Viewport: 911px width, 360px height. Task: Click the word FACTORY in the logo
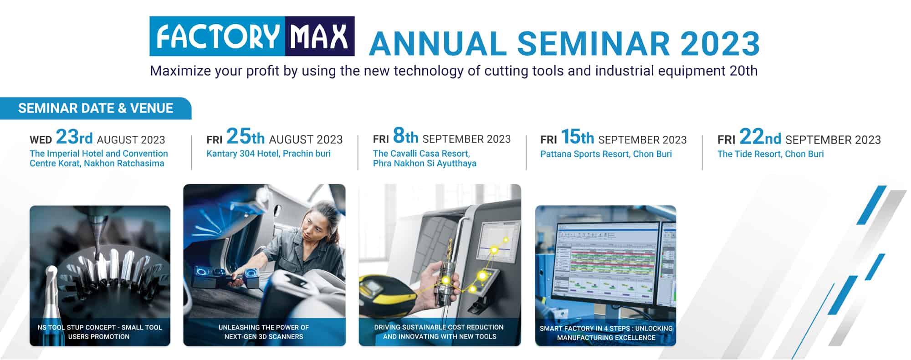(x=218, y=36)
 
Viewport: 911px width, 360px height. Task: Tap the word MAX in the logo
(x=319, y=36)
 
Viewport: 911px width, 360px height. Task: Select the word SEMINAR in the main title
(x=593, y=44)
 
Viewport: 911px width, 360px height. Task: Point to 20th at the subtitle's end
(x=743, y=71)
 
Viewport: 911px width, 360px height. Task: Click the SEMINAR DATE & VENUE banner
(x=96, y=108)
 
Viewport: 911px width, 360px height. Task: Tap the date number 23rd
(x=74, y=137)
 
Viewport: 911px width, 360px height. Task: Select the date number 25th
(x=246, y=136)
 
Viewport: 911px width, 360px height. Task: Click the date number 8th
(x=405, y=136)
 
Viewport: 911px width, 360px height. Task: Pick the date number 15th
(x=577, y=137)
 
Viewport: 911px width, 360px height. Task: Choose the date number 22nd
(x=760, y=137)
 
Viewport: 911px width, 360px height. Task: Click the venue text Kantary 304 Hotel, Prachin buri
(x=269, y=154)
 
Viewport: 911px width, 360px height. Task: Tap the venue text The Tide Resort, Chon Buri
(x=771, y=154)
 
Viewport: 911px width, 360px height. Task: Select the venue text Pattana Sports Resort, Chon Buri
(x=606, y=154)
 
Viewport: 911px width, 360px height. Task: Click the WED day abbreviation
(x=41, y=140)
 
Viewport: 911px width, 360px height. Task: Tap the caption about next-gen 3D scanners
(x=264, y=332)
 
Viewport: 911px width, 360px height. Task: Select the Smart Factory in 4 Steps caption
(x=606, y=333)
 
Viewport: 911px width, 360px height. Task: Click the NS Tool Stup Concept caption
(x=100, y=332)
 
